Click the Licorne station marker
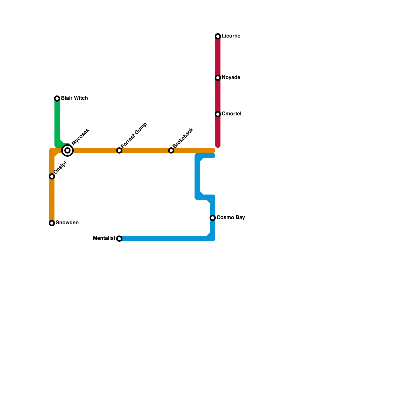pos(218,36)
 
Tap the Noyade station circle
pos(218,78)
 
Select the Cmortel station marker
pos(218,114)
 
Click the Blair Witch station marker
pos(57,99)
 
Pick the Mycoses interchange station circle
pos(67,150)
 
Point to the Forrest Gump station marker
pos(119,150)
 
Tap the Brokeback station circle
pos(171,150)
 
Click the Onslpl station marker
pos(52,176)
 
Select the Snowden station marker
pos(52,223)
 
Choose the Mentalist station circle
pos(119,239)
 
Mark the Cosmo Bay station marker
pos(213,218)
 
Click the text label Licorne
pos(231,36)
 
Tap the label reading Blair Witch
pos(74,98)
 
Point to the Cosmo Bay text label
pos(231,218)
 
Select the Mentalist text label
pos(104,238)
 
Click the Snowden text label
pos(67,223)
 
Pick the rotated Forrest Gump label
pos(134,135)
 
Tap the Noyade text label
pos(231,78)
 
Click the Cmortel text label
pos(232,114)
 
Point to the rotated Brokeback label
pos(183,138)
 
